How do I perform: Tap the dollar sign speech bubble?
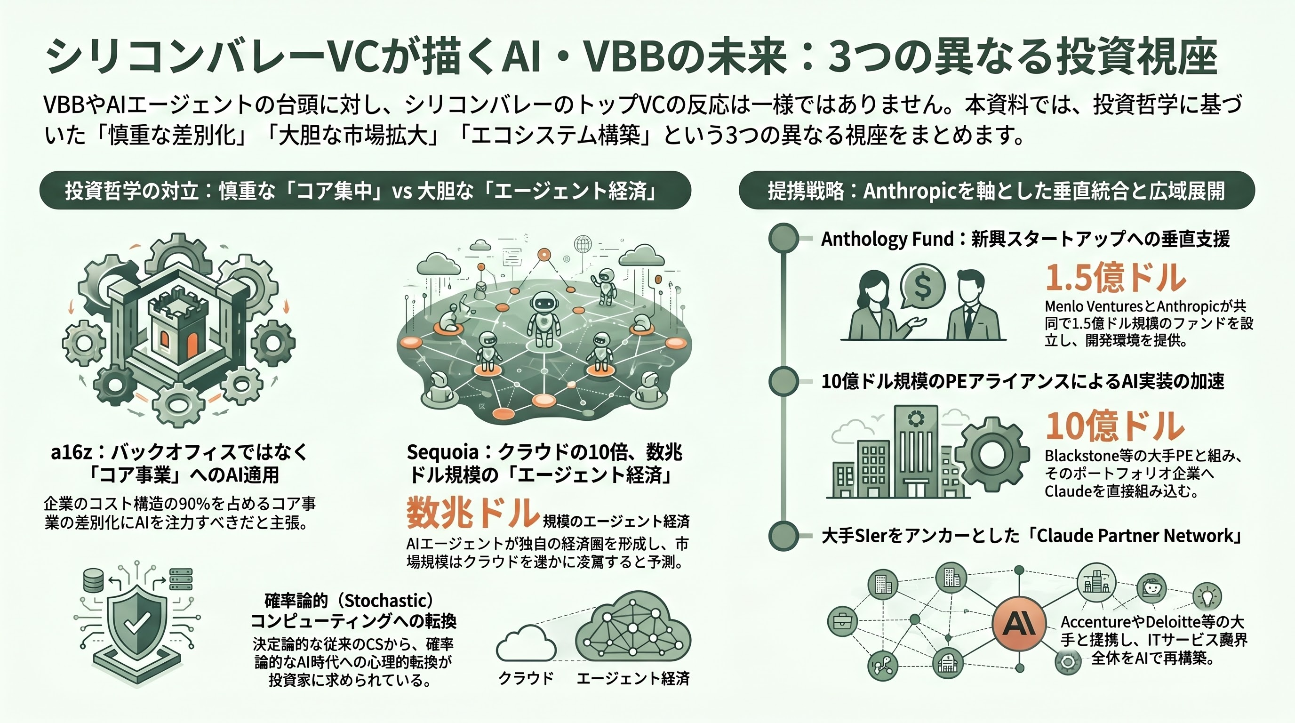tap(922, 287)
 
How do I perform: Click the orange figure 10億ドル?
tap(1115, 426)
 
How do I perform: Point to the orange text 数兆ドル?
tap(472, 513)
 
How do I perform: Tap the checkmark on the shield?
tap(135, 624)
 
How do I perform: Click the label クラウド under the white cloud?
tap(525, 678)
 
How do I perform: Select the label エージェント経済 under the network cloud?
tap(633, 678)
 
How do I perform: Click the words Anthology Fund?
tap(887, 239)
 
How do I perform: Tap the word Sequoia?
tap(442, 452)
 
